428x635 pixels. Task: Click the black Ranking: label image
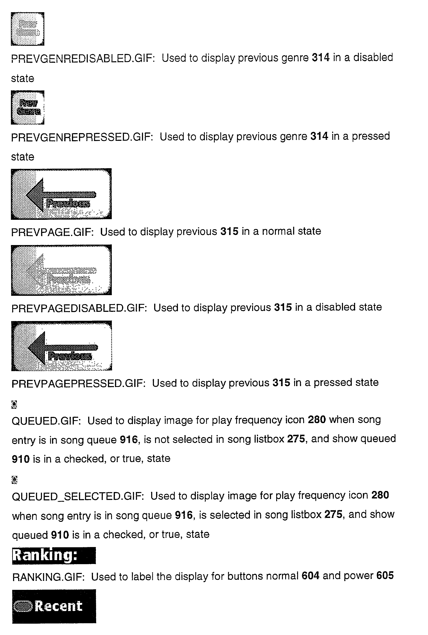coord(54,556)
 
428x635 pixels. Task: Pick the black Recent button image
coord(54,606)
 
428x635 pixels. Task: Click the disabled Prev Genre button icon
coord(28,29)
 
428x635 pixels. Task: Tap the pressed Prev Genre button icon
coord(28,107)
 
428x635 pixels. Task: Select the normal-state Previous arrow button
coord(61,194)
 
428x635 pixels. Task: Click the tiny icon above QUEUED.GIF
coord(14,404)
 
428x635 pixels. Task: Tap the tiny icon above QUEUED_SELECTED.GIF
coord(15,480)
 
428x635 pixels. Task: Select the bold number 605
coord(385,576)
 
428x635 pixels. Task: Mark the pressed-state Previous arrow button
coord(61,346)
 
